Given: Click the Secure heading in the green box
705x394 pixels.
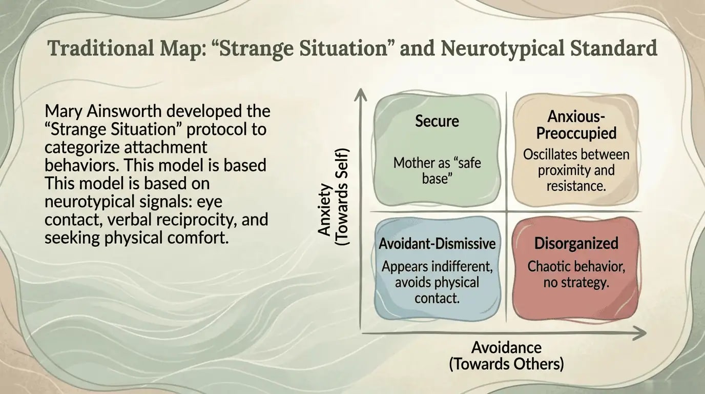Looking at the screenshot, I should (437, 121).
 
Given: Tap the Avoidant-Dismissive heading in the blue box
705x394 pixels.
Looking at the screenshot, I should (437, 243).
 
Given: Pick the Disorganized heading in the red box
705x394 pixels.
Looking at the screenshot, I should (576, 243).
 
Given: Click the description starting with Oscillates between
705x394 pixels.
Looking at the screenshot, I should (576, 170).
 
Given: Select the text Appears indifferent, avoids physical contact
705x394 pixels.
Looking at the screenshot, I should (437, 282).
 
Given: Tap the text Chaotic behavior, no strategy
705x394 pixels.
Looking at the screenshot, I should (576, 274).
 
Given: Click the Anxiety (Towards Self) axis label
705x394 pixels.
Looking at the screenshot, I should (333, 197).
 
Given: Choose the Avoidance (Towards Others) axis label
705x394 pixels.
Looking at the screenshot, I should (506, 356).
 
